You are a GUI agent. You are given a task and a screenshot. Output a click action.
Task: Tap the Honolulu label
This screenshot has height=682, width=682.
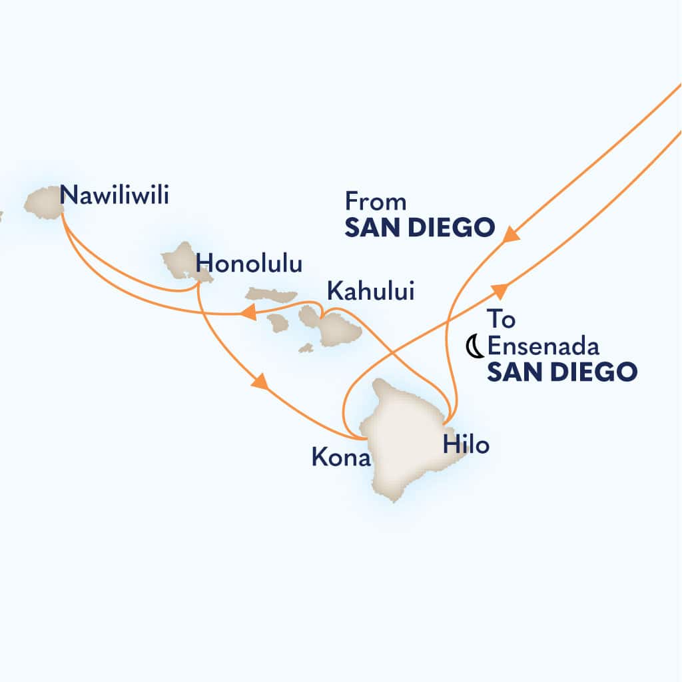(250, 264)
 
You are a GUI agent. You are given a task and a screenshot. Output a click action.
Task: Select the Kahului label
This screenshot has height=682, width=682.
(370, 290)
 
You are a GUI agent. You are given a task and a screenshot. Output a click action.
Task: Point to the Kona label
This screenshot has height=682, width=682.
(340, 458)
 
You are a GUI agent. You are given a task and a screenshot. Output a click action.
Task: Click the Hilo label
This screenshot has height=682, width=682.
(466, 445)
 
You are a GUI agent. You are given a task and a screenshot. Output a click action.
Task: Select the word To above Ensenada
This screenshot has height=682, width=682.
(501, 320)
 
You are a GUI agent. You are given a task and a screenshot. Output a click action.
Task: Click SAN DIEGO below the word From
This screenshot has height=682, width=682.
(420, 228)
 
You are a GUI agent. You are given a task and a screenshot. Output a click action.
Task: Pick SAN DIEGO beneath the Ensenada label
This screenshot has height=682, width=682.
(561, 372)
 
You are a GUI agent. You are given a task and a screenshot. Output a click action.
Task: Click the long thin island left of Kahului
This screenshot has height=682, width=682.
(271, 294)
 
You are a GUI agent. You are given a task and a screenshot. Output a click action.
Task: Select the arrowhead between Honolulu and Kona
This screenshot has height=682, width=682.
(260, 383)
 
